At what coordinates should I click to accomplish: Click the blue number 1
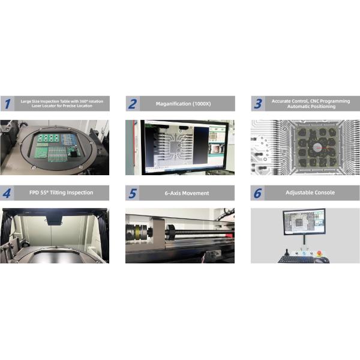8,104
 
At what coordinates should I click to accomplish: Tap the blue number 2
133,104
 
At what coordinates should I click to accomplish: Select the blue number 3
258,104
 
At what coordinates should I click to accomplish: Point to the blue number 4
7,193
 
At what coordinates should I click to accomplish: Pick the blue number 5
133,193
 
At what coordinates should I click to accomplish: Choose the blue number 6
257,193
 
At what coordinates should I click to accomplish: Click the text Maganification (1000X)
183,104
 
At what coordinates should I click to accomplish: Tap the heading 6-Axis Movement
187,193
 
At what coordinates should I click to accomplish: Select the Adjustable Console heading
310,193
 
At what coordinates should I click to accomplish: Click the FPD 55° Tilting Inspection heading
61,193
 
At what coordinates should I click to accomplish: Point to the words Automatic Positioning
311,107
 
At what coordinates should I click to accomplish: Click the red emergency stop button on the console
319,253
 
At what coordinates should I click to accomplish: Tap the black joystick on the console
286,252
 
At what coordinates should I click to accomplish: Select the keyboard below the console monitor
296,259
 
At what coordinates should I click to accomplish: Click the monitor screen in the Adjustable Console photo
304,222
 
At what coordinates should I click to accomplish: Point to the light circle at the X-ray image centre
317,148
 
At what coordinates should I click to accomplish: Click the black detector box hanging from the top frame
55,220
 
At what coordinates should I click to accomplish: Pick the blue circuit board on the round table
68,139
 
